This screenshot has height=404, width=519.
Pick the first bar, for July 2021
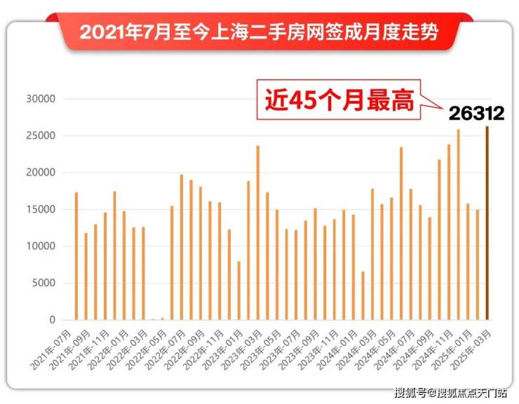pyautogui.click(x=76, y=256)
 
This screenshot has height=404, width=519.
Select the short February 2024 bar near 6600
pyautogui.click(x=363, y=295)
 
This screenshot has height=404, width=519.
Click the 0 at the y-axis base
pyautogui.click(x=51, y=321)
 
